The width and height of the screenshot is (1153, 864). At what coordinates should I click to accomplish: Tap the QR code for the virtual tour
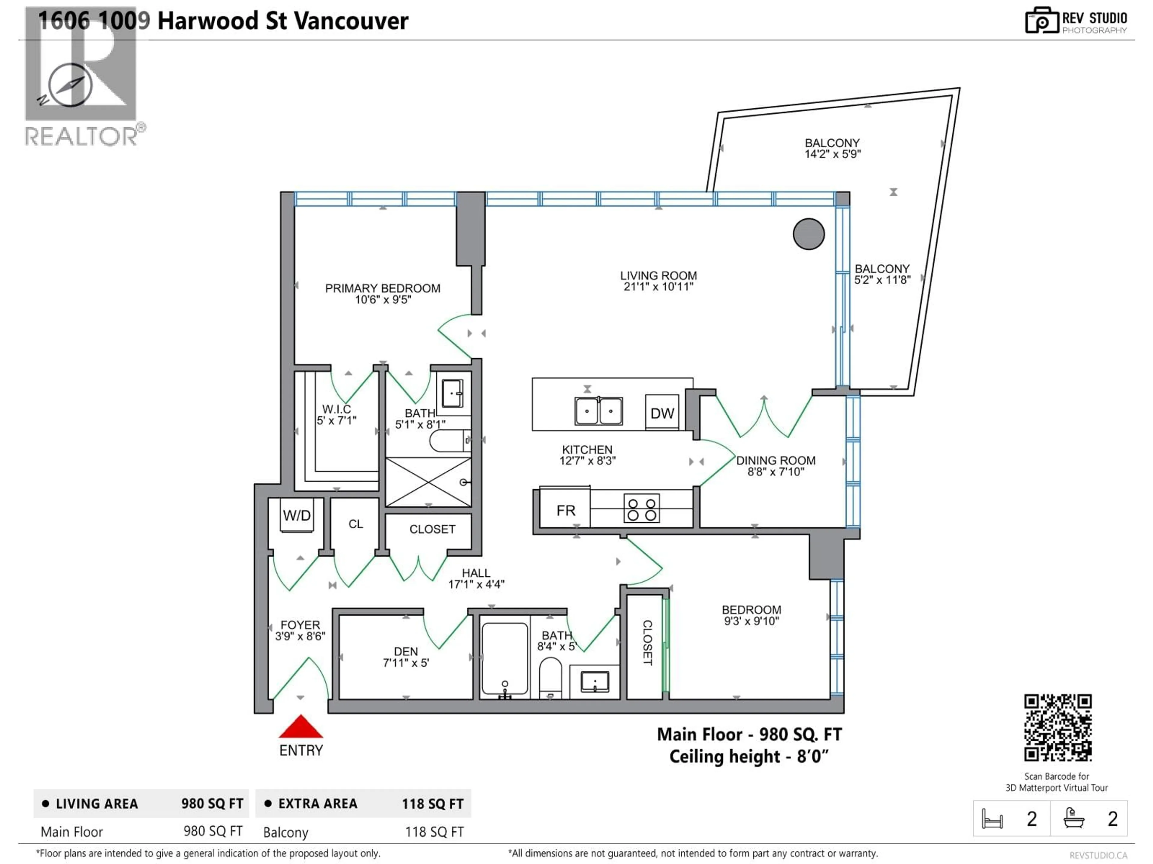point(1058,727)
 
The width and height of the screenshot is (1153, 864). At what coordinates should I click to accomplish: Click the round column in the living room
point(809,234)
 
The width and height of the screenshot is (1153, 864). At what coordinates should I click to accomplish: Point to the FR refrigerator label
point(566,510)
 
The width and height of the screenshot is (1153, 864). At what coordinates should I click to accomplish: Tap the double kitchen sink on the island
point(598,411)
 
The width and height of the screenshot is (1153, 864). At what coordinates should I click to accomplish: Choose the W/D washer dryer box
point(297,516)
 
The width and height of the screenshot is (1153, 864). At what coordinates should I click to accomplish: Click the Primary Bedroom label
point(383,288)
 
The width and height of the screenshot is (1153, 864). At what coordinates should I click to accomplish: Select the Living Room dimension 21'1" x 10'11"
point(658,286)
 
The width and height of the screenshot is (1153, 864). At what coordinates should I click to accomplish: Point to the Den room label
point(406,652)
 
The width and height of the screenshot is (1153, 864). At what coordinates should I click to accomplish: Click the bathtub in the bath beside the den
point(504,659)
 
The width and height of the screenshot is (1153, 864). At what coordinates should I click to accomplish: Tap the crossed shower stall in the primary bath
point(428,482)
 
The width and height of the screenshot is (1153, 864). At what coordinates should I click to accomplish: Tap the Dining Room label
point(776,460)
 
